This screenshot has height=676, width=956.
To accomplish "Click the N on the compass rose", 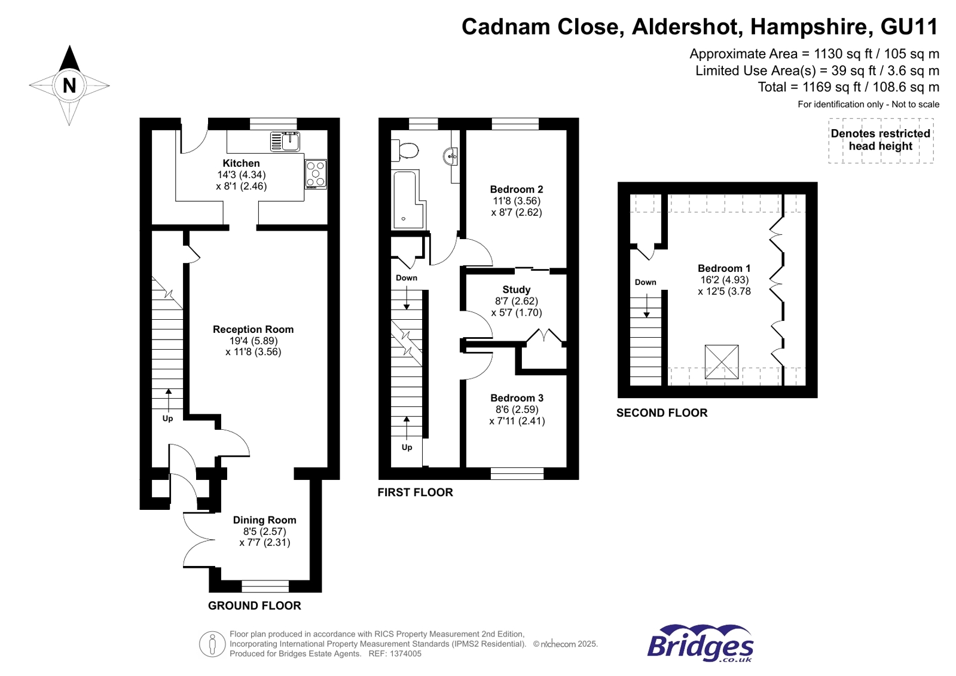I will pyautogui.click(x=69, y=85).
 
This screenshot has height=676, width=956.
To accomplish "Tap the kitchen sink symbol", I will pyautogui.click(x=285, y=142).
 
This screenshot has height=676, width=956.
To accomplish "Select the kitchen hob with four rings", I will pyautogui.click(x=316, y=174).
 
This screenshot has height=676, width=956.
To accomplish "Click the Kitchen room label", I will pyautogui.click(x=241, y=163).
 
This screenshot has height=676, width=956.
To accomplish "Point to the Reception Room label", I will pyautogui.click(x=253, y=329).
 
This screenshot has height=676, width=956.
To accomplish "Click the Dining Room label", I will pyautogui.click(x=264, y=520).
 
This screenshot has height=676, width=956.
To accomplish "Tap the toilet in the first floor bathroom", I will pyautogui.click(x=406, y=150).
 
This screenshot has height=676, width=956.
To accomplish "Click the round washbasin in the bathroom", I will pyautogui.click(x=451, y=156).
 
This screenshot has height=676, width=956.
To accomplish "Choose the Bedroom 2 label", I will pyautogui.click(x=516, y=189).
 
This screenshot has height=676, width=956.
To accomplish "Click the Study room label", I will pyautogui.click(x=516, y=289).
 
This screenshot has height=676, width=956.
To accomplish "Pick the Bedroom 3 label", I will pyautogui.click(x=517, y=398).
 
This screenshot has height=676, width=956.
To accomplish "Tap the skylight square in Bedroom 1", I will pyautogui.click(x=722, y=362).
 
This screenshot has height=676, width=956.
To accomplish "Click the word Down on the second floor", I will pyautogui.click(x=645, y=282).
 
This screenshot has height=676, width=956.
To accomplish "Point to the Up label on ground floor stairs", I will pyautogui.click(x=167, y=418).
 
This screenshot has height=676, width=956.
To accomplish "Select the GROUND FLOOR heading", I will pyautogui.click(x=254, y=605).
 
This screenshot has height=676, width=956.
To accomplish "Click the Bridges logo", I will pyautogui.click(x=700, y=644).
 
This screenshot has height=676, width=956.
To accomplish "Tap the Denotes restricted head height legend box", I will pyautogui.click(x=880, y=140).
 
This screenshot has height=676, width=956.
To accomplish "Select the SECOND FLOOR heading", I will pyautogui.click(x=661, y=413).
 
